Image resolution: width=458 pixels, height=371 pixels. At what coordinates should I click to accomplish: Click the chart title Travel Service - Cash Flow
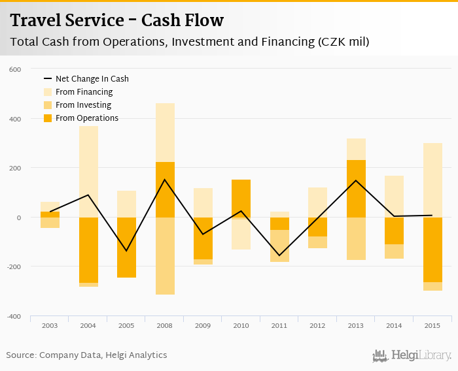(117, 20)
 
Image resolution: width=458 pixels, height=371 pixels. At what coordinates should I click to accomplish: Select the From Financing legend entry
(84, 92)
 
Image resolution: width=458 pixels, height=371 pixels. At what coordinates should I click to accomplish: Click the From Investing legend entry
(83, 105)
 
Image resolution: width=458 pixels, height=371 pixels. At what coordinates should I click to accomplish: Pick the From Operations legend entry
(86, 118)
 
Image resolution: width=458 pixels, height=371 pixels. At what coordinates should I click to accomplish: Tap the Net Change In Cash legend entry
(92, 79)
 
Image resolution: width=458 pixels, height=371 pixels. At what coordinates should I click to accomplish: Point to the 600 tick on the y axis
(15, 69)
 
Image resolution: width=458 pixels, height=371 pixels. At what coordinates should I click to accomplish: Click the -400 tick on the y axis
(14, 316)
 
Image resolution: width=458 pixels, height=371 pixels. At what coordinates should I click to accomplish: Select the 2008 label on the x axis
(165, 325)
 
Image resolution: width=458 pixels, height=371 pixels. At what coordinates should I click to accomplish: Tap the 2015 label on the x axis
(432, 325)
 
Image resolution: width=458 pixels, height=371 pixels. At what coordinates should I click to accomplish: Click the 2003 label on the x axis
(50, 325)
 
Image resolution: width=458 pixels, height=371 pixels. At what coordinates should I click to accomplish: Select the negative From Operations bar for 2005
(126, 248)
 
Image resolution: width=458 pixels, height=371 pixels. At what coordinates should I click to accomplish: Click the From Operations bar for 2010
(241, 199)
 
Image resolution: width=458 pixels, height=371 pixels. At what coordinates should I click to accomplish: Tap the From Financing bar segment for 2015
(432, 180)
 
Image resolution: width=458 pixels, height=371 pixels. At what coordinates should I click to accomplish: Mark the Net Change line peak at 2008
(165, 180)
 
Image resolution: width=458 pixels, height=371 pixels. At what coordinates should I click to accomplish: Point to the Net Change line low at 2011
(279, 255)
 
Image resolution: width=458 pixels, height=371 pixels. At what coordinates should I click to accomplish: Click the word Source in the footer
(20, 355)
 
